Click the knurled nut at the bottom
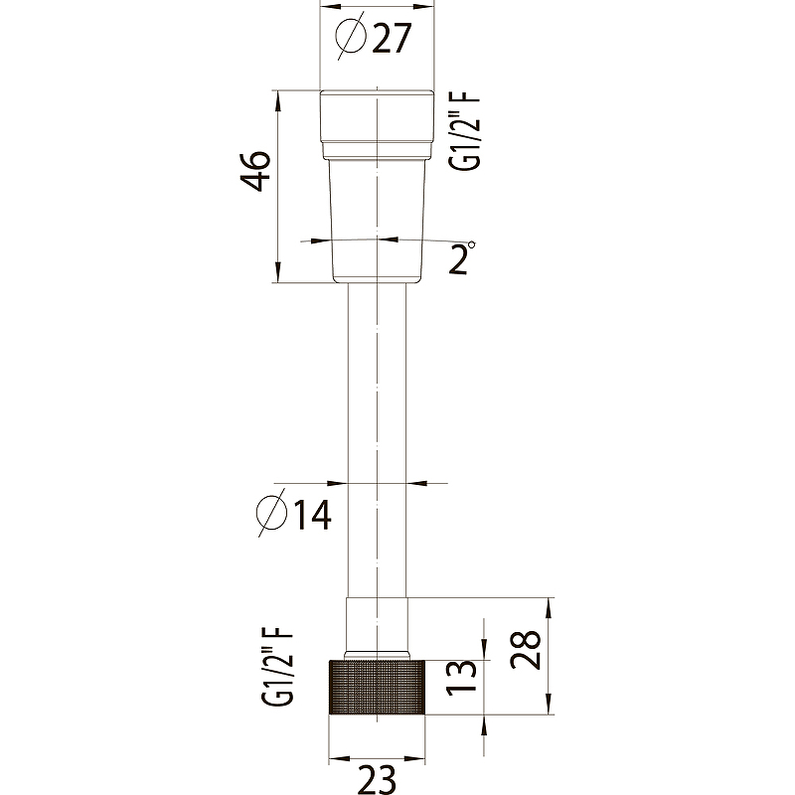tap(378, 686)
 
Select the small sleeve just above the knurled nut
tap(377, 626)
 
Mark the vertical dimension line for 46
tap(277, 189)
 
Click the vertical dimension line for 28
tap(549, 656)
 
